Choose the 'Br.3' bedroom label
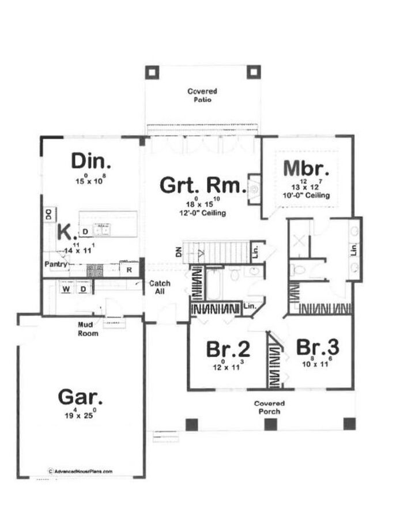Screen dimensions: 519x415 pyautogui.click(x=317, y=347)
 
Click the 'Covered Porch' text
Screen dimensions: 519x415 pyautogui.click(x=269, y=407)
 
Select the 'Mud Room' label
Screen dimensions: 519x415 pyautogui.click(x=88, y=329)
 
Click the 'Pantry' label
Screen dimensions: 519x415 pyautogui.click(x=58, y=264)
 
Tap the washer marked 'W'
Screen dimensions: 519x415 pyautogui.click(x=67, y=288)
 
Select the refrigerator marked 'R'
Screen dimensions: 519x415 pyautogui.click(x=129, y=269)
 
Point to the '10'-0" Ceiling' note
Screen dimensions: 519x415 pyautogui.click(x=310, y=196)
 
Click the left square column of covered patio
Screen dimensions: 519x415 pyautogui.click(x=151, y=72)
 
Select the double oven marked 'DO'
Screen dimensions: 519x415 pyautogui.click(x=49, y=214)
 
